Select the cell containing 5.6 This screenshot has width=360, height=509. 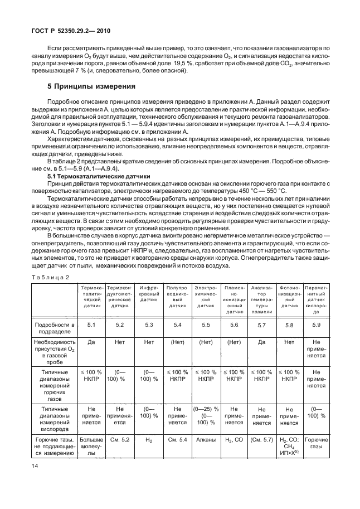coord(234,324)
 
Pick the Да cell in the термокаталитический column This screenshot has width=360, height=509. coord(92,343)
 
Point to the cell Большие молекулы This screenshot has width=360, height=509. coord(92,446)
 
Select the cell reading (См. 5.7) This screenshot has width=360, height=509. coord(261,440)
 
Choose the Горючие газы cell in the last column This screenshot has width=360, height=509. coord(317,443)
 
